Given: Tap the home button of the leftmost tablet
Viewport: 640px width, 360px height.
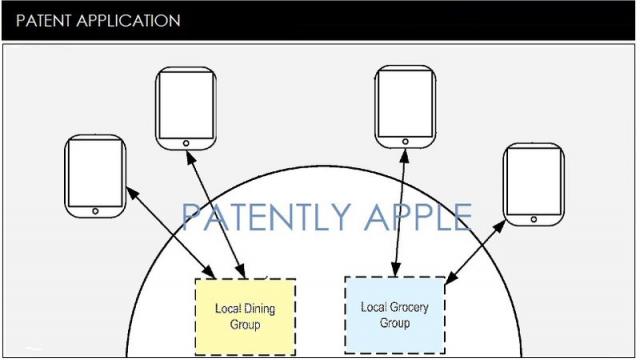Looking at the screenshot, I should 95,211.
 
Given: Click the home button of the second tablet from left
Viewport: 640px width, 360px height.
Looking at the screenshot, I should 187,143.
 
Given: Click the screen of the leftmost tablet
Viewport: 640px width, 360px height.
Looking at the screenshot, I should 95,171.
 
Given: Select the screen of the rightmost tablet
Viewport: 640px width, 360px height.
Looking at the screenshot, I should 533,181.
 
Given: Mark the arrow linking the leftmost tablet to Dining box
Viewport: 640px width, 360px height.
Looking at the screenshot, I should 170,231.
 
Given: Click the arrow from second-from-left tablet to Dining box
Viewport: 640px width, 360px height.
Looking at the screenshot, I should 216,215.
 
